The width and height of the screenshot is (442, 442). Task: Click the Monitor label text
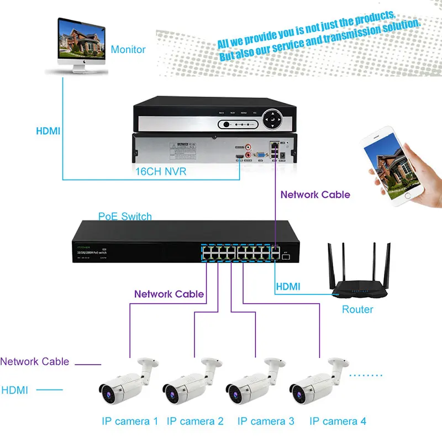(128, 50)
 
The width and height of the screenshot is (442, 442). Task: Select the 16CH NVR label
(161, 172)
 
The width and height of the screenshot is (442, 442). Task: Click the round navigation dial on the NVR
(272, 117)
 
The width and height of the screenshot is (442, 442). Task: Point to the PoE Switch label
(125, 216)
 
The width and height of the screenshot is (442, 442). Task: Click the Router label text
(357, 309)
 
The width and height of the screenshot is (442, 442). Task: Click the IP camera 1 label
(130, 421)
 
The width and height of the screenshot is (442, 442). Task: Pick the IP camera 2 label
(195, 421)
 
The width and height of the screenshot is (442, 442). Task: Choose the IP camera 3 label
(266, 421)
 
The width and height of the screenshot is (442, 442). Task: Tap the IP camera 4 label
(338, 421)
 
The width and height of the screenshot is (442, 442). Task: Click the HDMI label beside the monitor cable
(48, 131)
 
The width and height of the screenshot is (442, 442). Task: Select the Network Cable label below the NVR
(315, 194)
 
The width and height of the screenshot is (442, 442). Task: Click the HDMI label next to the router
(288, 286)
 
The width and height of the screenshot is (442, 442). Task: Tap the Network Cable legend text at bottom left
(34, 361)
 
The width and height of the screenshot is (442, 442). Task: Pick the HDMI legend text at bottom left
(14, 390)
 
